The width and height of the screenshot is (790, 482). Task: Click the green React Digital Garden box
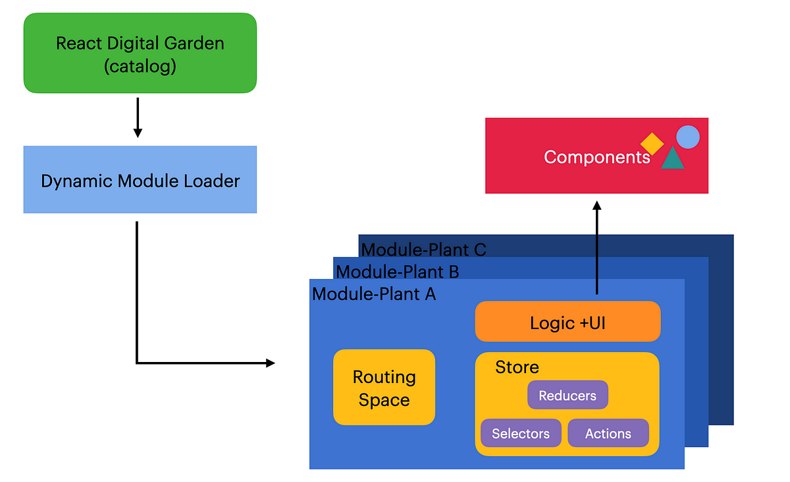point(140,53)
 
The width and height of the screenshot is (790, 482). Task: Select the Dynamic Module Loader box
point(140,179)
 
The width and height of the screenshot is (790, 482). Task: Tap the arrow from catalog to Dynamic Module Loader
point(138,117)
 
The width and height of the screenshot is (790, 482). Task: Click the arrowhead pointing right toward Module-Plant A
point(271,363)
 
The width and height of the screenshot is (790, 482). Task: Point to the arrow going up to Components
point(596,247)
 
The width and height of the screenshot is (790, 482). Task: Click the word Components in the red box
point(596,157)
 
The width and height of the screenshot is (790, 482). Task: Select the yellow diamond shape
point(652,144)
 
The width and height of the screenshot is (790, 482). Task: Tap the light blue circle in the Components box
point(688,137)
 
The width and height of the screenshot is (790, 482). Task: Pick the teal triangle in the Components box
point(673,158)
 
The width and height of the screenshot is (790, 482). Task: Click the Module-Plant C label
point(423,250)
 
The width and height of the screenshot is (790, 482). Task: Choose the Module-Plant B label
point(398,272)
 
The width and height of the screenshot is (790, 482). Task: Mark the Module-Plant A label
point(374,294)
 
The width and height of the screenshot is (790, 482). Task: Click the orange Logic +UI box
point(567,321)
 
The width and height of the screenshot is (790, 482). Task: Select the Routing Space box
point(384,387)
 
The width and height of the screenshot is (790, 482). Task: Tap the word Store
point(517,367)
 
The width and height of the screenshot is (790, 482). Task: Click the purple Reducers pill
point(567,395)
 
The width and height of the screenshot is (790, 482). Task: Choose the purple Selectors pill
point(521,433)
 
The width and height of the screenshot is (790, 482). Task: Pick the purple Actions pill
point(608,433)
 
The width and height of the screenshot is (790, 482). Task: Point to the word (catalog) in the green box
point(140,67)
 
